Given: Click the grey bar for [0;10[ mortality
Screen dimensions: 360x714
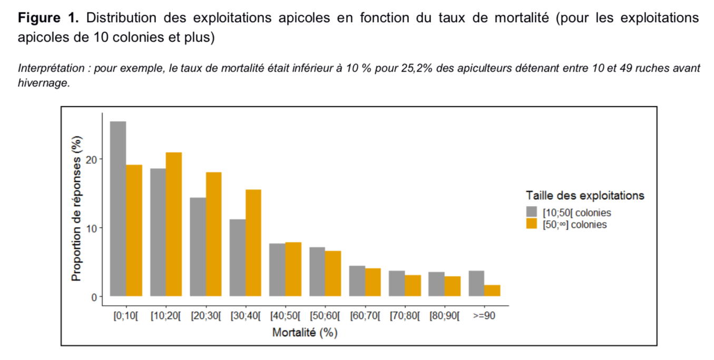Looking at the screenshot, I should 118,209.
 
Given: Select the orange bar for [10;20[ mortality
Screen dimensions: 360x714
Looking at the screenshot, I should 174,224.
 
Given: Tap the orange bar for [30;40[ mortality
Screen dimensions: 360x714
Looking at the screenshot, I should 253,242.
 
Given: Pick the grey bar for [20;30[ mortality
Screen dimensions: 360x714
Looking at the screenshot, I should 198,247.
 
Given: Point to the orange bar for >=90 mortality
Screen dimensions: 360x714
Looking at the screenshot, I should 492,290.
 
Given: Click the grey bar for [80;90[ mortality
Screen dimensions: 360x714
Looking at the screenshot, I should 436,284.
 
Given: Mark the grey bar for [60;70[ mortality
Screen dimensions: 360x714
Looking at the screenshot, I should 357,281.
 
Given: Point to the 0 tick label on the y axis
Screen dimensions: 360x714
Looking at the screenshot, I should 95,297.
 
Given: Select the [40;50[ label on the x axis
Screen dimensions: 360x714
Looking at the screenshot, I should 285,316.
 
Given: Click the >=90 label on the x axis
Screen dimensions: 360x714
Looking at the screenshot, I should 484,316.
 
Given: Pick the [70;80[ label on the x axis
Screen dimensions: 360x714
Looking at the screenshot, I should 405,316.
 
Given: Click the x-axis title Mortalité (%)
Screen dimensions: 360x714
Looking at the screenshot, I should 305,333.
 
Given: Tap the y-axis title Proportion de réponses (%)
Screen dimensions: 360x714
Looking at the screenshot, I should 76,209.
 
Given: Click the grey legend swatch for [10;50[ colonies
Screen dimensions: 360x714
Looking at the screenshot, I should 532,212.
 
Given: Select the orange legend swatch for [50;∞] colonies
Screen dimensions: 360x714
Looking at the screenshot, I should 532,224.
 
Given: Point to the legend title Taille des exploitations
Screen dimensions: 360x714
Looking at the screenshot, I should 585,196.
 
